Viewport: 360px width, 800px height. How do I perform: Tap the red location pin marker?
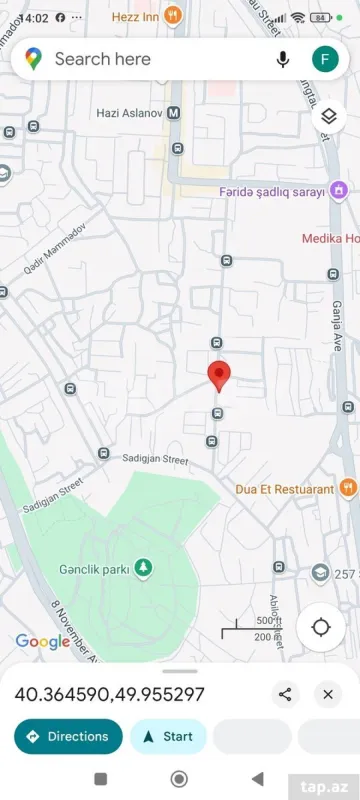pos(219,376)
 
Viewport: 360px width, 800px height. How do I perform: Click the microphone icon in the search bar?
pos(283,59)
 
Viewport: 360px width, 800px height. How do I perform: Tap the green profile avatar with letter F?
pos(325,59)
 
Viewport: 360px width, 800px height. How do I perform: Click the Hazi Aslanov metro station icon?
pos(174,113)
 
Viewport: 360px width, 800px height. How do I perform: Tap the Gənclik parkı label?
pos(94,569)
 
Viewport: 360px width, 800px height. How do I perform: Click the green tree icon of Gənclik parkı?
pos(145,568)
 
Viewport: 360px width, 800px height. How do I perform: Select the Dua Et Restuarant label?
pos(285,489)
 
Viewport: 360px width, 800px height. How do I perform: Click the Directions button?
pos(67,737)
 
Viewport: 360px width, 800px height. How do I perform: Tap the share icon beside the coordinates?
pos(286,694)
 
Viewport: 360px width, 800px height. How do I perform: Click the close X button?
pos(327,694)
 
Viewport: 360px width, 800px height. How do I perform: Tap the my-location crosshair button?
pos(321,627)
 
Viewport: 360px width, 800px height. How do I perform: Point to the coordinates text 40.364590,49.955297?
pos(109,694)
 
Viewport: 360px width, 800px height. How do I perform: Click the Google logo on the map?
pos(42,642)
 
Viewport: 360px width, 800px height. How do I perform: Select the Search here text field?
pos(150,59)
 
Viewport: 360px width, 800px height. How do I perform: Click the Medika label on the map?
pos(330,238)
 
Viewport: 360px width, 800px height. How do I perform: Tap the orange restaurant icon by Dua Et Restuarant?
pos(348,488)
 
